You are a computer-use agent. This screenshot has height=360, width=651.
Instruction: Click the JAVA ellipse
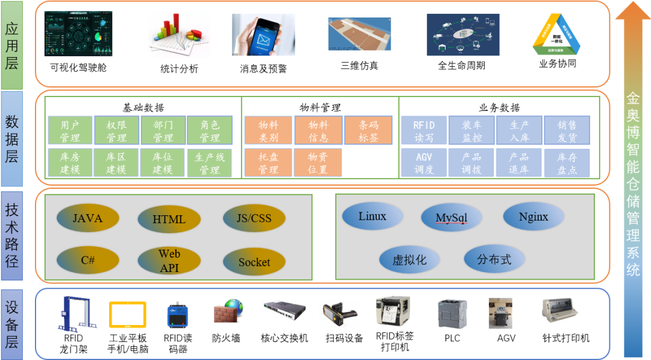click(x=87, y=218)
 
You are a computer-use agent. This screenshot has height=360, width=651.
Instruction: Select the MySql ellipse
click(x=451, y=218)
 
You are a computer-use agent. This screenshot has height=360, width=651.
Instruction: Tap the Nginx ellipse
click(x=533, y=216)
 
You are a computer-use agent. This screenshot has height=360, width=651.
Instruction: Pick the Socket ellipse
click(x=254, y=262)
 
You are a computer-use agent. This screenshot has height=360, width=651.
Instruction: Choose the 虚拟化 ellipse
click(x=409, y=260)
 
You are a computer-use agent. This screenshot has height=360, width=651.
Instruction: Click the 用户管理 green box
click(x=70, y=131)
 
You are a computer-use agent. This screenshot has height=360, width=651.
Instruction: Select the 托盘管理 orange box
click(x=268, y=163)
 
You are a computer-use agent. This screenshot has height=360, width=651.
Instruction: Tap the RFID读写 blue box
click(x=424, y=131)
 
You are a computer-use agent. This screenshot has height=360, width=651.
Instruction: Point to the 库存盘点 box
click(x=567, y=163)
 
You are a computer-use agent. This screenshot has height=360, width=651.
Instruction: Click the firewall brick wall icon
click(x=227, y=311)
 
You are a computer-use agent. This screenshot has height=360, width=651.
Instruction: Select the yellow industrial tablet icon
click(x=128, y=314)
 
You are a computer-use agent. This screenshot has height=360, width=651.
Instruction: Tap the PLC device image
click(x=452, y=313)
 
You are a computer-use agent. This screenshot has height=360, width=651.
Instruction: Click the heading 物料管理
click(x=320, y=107)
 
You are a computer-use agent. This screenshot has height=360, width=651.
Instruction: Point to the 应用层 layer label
click(x=12, y=45)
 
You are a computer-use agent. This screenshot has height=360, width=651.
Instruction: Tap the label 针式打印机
click(x=565, y=338)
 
